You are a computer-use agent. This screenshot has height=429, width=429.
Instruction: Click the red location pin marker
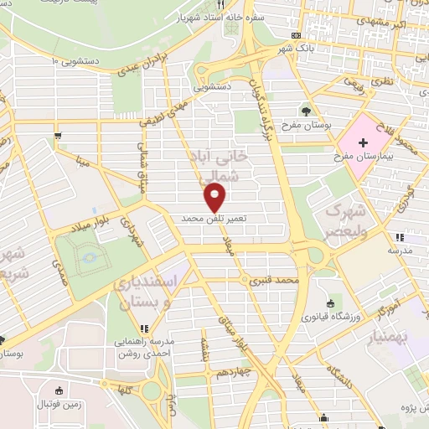click(x=215, y=198)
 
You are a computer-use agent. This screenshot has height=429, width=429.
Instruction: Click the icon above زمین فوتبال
click(x=57, y=390)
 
